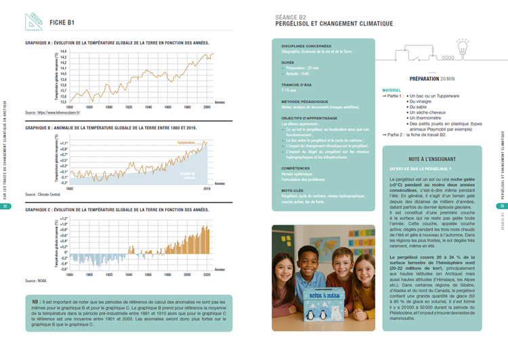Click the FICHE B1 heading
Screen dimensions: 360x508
pos(62,22)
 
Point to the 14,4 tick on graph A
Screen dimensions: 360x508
pos(63,51)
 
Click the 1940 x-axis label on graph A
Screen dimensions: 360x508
pos(148,106)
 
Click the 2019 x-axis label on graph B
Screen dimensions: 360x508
pos(207,189)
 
